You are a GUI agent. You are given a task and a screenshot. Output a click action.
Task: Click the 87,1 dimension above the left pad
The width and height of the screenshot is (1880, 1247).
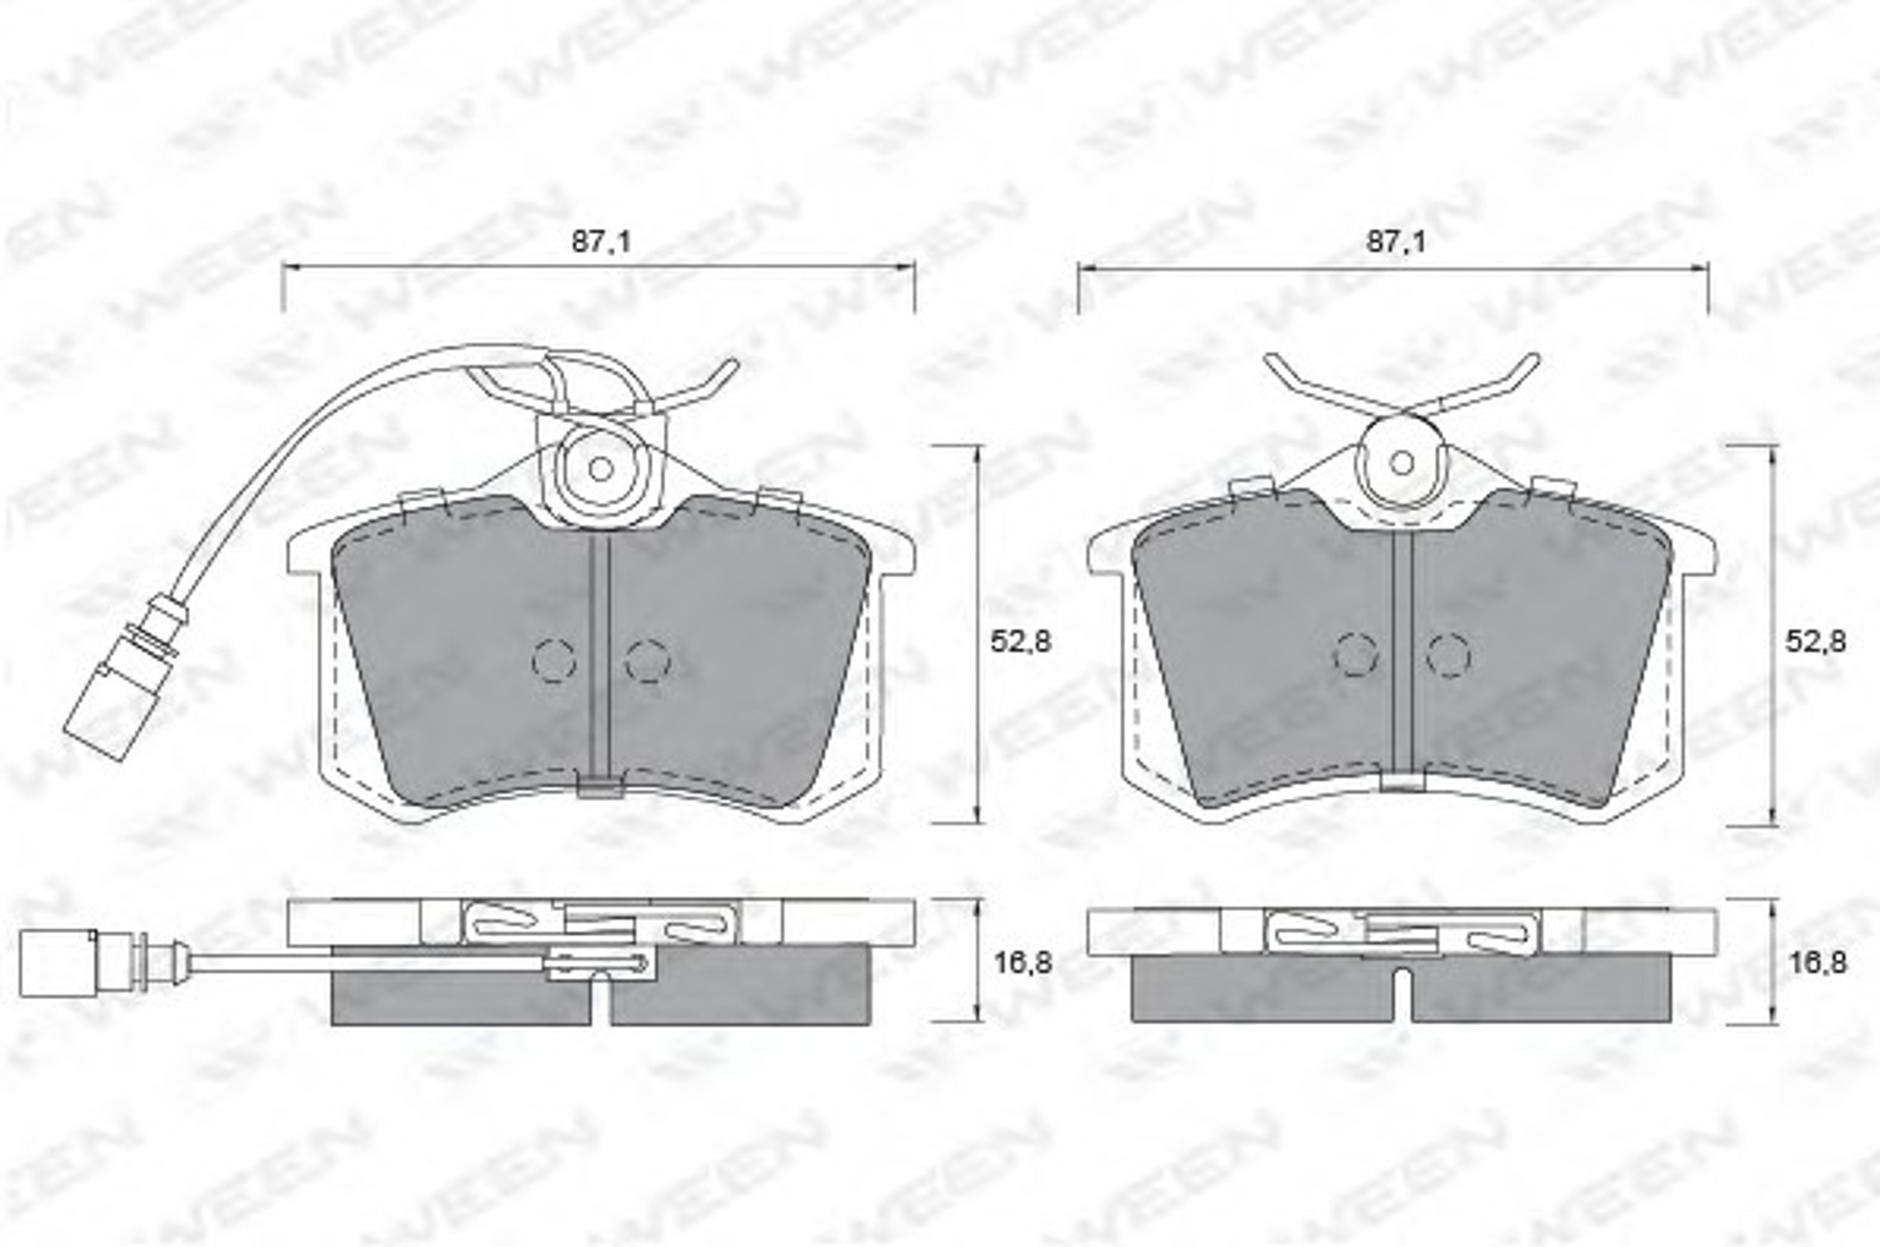coord(601,241)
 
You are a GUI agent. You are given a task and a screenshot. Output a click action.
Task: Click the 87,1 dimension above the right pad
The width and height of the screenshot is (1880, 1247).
coord(1396,241)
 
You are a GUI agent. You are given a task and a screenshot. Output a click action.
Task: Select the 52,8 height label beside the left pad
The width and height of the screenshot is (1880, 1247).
coord(1020,641)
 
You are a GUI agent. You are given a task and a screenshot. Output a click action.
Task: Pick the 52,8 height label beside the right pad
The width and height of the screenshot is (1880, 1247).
coord(1815,641)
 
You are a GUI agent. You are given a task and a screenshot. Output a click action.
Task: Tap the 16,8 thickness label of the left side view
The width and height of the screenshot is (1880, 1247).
coord(1023,963)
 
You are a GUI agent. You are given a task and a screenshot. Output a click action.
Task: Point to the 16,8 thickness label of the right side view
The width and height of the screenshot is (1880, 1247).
coord(1816,963)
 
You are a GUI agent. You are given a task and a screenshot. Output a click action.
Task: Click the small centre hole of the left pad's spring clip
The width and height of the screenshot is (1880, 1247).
coord(601,469)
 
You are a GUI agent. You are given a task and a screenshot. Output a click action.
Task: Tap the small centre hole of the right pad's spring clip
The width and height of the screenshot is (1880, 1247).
coord(1401,463)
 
